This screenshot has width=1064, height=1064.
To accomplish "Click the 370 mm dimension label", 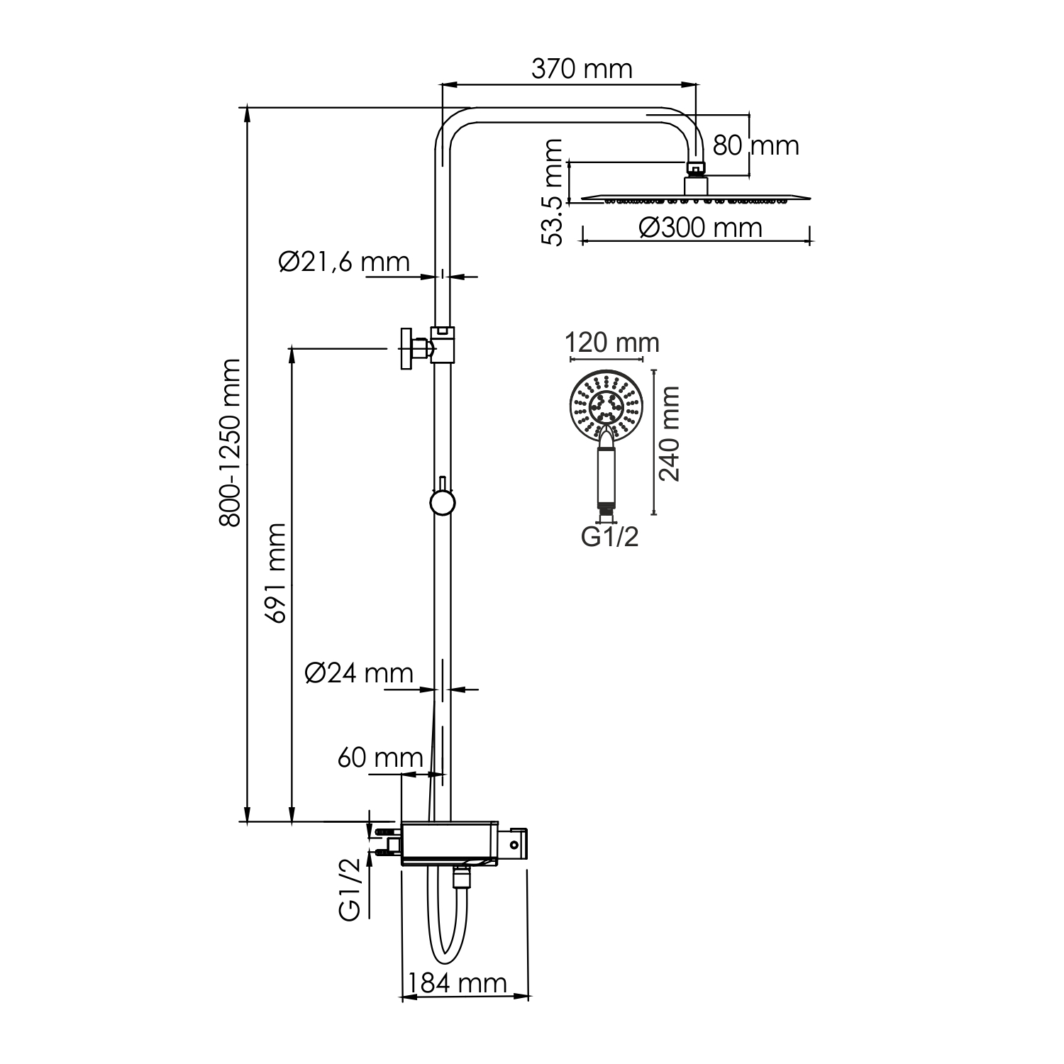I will click(x=582, y=69).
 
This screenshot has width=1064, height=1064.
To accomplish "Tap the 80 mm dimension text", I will click(x=755, y=145).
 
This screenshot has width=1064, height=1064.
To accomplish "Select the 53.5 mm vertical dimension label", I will click(x=553, y=192).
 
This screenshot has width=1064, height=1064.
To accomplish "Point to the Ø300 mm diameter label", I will click(x=700, y=228).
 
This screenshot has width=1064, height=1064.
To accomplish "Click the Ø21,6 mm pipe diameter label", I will click(x=345, y=262).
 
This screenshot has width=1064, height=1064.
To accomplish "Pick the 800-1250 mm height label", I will click(x=230, y=443).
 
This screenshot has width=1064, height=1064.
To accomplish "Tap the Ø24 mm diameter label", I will click(x=359, y=672).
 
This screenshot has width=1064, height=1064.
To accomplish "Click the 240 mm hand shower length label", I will click(x=670, y=433).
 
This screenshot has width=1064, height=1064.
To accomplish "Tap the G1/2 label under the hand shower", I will click(x=610, y=537).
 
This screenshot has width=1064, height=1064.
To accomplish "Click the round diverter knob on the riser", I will click(x=442, y=503).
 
